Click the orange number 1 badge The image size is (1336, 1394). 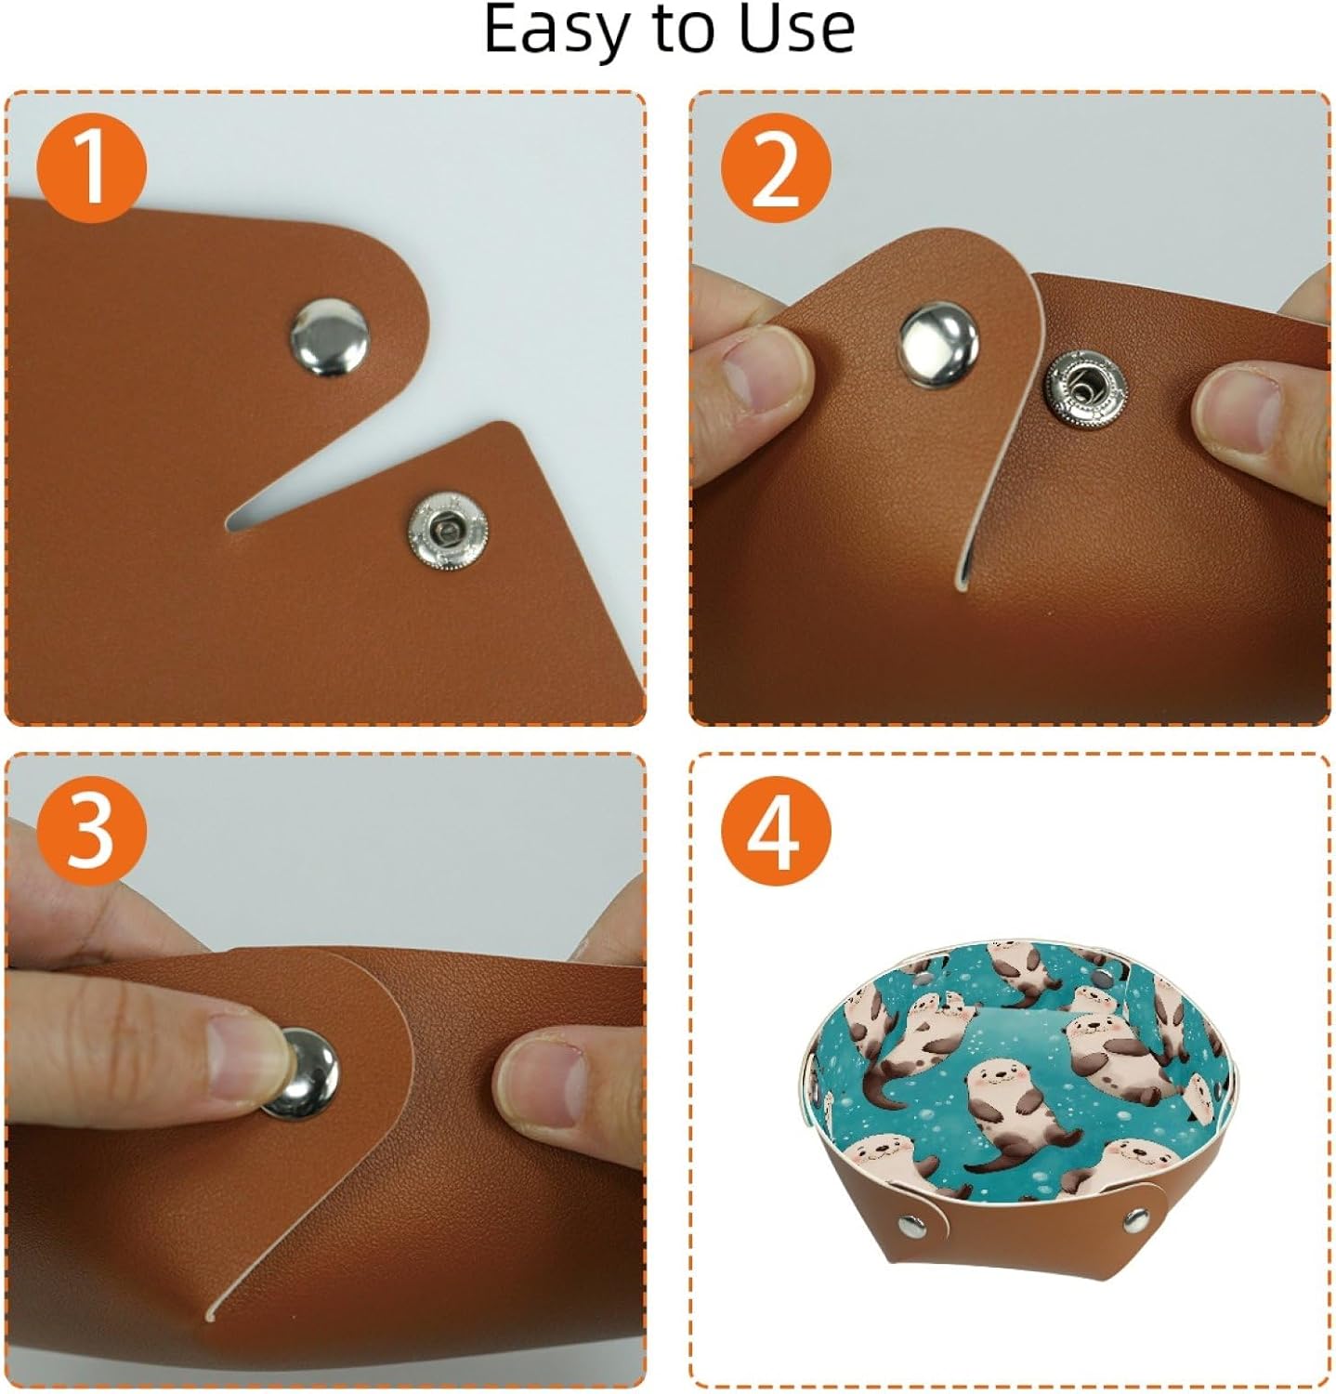tap(91, 168)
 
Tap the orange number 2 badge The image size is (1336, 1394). tap(776, 168)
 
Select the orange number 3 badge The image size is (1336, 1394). tap(91, 830)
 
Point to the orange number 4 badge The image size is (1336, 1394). tap(776, 830)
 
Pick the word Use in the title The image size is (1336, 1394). tap(796, 30)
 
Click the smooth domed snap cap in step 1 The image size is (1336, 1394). tap(329, 337)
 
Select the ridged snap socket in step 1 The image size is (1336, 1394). tap(448, 531)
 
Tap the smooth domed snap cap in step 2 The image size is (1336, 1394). tap(939, 347)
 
